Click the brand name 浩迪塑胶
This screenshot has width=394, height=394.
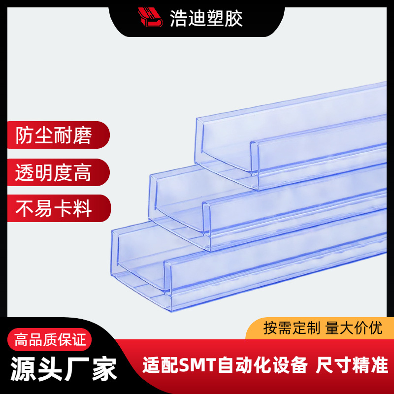pyautogui.click(x=206, y=19)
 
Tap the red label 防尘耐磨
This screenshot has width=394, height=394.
pyautogui.click(x=54, y=135)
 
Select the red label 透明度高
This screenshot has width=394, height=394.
pyautogui.click(x=54, y=172)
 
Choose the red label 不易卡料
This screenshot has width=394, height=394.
pyautogui.click(x=54, y=209)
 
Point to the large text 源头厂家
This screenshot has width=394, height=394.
pyautogui.click(x=64, y=368)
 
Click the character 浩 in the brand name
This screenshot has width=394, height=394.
pyautogui.click(x=178, y=19)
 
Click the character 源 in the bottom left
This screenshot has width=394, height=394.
pyautogui.click(x=24, y=368)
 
